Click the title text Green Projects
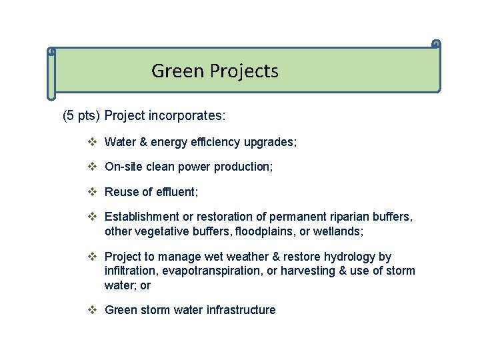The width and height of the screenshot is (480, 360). (x=215, y=71)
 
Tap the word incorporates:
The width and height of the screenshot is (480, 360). (x=189, y=116)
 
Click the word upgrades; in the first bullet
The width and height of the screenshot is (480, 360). (x=272, y=142)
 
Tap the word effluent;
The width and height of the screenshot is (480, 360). (x=177, y=192)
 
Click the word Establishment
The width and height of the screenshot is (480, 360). (x=142, y=217)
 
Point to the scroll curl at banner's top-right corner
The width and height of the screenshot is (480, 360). (x=436, y=45)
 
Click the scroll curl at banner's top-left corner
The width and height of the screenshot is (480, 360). (x=51, y=51)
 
